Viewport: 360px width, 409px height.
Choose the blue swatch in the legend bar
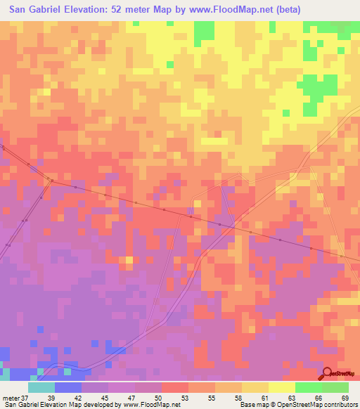(x=68, y=387)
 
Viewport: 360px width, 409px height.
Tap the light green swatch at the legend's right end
(x=335, y=387)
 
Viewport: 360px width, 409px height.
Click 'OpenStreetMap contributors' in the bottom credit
(x=319, y=404)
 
